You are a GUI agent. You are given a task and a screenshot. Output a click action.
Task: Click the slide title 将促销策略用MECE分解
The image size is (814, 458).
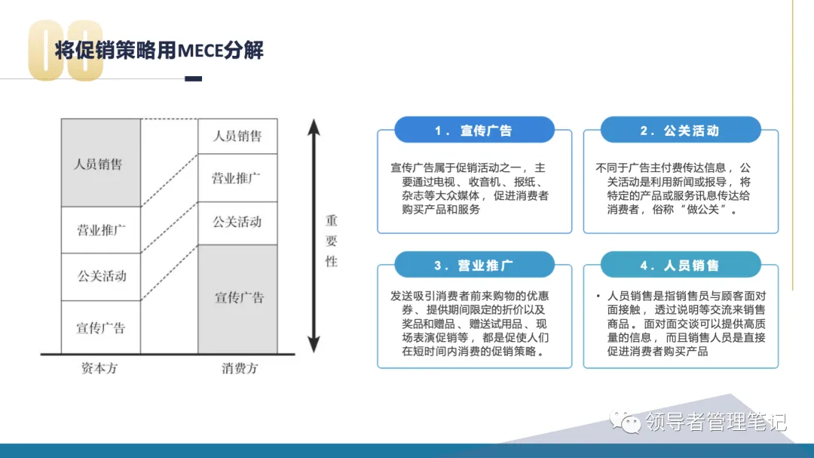(x=159, y=51)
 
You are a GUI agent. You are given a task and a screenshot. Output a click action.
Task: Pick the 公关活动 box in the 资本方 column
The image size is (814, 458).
(x=100, y=276)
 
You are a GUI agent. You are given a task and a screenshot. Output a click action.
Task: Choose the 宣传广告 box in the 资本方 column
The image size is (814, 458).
(x=100, y=327)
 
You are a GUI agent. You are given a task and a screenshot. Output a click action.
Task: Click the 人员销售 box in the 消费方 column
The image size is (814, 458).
(x=237, y=136)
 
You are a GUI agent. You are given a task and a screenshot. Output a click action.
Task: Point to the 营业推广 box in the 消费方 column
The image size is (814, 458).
(x=237, y=178)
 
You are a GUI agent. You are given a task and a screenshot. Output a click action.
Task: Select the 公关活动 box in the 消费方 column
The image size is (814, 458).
(x=237, y=222)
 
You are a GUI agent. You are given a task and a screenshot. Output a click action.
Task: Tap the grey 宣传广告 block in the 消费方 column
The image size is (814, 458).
(x=237, y=298)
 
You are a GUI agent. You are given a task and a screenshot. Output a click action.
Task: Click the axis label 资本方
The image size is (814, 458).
(x=99, y=369)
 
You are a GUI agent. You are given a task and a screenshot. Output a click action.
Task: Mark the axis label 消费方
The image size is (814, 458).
(x=240, y=369)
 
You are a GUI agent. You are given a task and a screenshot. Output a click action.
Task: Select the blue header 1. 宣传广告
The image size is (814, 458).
(x=474, y=131)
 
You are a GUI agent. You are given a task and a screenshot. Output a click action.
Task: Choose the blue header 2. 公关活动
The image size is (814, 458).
(x=680, y=131)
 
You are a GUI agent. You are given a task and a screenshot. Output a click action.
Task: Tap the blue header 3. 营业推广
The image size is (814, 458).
(x=474, y=266)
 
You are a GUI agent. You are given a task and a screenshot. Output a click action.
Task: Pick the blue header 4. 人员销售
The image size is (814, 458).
(x=680, y=266)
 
